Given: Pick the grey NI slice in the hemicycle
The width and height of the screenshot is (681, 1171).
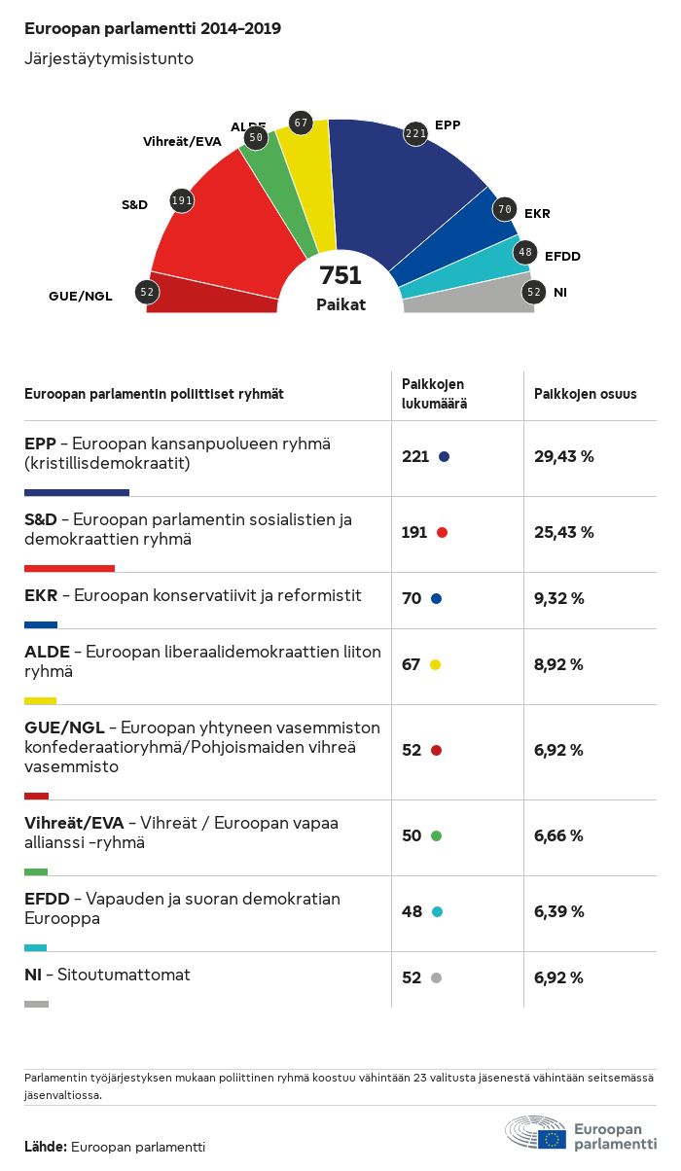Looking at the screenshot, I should tap(467, 297).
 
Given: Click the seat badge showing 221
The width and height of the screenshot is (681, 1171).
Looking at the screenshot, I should tap(416, 134).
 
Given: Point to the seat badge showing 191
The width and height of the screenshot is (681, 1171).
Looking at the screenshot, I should tap(182, 200).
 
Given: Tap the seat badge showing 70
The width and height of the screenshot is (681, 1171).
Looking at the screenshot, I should tap(504, 209).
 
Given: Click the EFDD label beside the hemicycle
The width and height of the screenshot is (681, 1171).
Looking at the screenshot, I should tap(562, 256).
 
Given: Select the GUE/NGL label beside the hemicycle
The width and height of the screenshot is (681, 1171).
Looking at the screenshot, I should tap(81, 297).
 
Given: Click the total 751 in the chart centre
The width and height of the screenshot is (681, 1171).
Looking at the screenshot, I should tap(340, 276).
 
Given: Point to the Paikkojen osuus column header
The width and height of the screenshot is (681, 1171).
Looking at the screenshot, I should tap(586, 394).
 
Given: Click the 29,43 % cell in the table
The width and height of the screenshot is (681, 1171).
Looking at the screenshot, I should tap(564, 456).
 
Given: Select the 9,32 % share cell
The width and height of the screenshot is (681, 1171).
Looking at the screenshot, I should tap(559, 598).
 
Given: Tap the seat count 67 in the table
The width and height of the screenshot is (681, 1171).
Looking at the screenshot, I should tap(411, 664).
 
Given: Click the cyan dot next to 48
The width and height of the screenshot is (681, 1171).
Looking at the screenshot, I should tap(437, 911).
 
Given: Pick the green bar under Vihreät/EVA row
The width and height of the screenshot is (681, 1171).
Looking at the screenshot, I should tap(36, 871).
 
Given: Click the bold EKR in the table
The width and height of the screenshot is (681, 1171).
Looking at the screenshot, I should tap(41, 595).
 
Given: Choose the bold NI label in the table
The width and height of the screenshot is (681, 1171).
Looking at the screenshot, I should tap(33, 975).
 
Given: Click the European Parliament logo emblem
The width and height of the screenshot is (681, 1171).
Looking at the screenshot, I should tap(536, 1134).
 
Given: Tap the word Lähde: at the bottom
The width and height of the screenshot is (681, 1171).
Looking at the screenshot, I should tap(46, 1147).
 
